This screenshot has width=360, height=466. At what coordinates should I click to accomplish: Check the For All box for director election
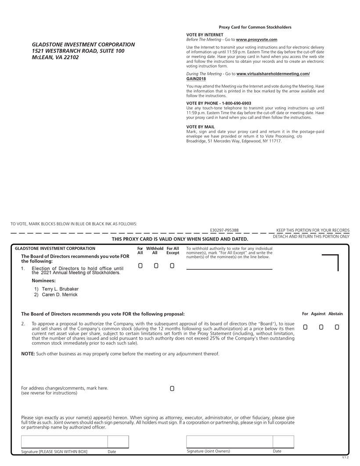(x=140, y=266)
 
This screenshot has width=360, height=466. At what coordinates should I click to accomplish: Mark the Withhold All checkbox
(x=156, y=266)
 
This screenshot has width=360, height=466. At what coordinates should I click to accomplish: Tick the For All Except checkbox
(x=172, y=266)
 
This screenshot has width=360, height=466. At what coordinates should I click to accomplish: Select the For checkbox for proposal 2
(x=305, y=327)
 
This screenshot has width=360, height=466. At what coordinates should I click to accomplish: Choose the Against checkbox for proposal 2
(x=321, y=327)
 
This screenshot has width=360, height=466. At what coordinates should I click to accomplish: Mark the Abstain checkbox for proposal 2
(x=337, y=327)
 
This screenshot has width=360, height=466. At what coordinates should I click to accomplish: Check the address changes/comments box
(x=172, y=389)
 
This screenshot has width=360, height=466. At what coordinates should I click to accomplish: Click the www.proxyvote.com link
(x=257, y=40)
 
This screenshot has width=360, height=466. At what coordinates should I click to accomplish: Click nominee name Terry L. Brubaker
(x=60, y=289)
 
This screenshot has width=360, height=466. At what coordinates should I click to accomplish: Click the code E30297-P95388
(x=224, y=230)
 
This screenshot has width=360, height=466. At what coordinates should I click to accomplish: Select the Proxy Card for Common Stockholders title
(x=255, y=27)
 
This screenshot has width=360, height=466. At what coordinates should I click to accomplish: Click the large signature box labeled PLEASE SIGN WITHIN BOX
(x=65, y=442)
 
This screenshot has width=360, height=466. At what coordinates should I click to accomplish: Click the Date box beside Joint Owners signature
(x=283, y=442)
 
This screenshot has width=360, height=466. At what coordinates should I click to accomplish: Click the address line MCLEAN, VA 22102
(x=55, y=58)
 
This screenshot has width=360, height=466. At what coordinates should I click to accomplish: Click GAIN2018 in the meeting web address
(x=196, y=79)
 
